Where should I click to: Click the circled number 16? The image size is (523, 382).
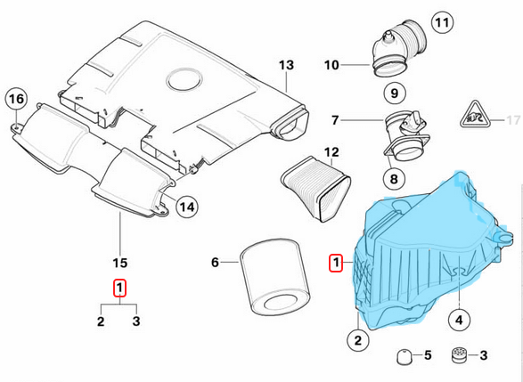click(16, 99)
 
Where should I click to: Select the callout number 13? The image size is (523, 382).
click(285, 65)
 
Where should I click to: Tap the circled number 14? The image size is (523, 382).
click(185, 207)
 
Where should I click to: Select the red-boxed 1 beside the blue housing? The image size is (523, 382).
click(335, 263)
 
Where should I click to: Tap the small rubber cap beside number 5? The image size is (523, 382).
click(402, 356)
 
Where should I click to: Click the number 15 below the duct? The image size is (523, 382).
click(120, 263)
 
